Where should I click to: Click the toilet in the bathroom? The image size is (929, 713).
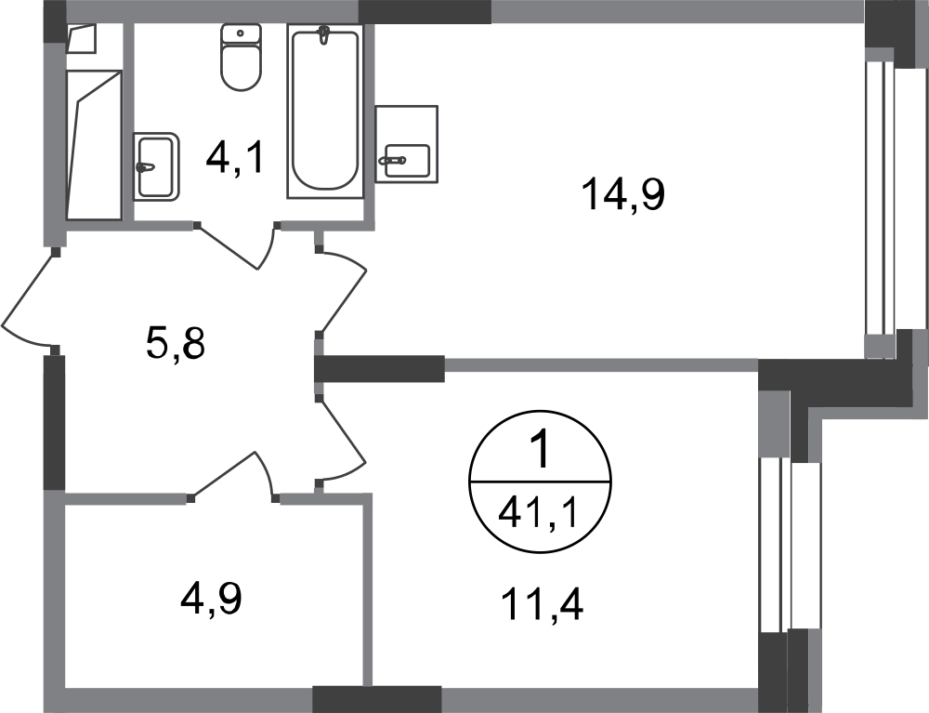[x=241, y=57]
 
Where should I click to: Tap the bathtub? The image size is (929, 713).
[x=325, y=111]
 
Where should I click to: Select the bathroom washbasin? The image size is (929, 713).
[x=156, y=166]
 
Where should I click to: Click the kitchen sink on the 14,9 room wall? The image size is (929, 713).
[x=407, y=144]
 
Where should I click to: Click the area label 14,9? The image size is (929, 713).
[x=623, y=194]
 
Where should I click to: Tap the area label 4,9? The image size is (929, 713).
[x=212, y=600]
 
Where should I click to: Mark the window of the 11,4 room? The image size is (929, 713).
[x=791, y=546]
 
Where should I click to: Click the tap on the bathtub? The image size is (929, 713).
[x=323, y=35]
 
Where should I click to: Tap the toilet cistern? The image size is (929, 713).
[x=241, y=33]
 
